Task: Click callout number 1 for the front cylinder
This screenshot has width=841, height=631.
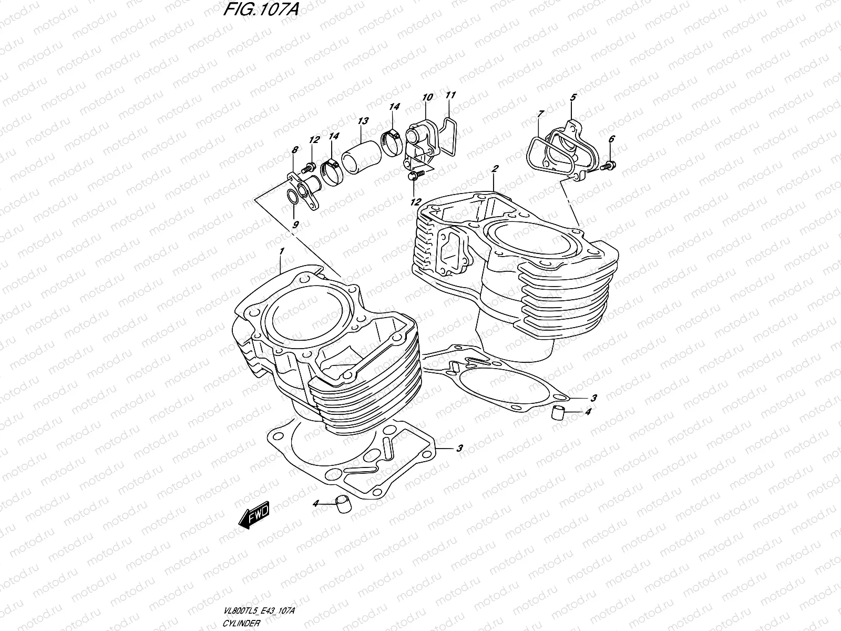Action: coord(282,252)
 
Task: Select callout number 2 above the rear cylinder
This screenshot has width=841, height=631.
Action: coord(495,169)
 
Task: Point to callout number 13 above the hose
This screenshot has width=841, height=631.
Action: coord(363,120)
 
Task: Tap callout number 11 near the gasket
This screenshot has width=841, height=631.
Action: coord(450,95)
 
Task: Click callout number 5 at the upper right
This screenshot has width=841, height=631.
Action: coord(573,97)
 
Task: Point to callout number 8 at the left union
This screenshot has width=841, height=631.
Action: coord(294,150)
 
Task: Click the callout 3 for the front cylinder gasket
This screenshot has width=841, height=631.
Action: coord(459,449)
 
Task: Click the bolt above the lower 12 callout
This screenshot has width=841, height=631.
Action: coord(413,176)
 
